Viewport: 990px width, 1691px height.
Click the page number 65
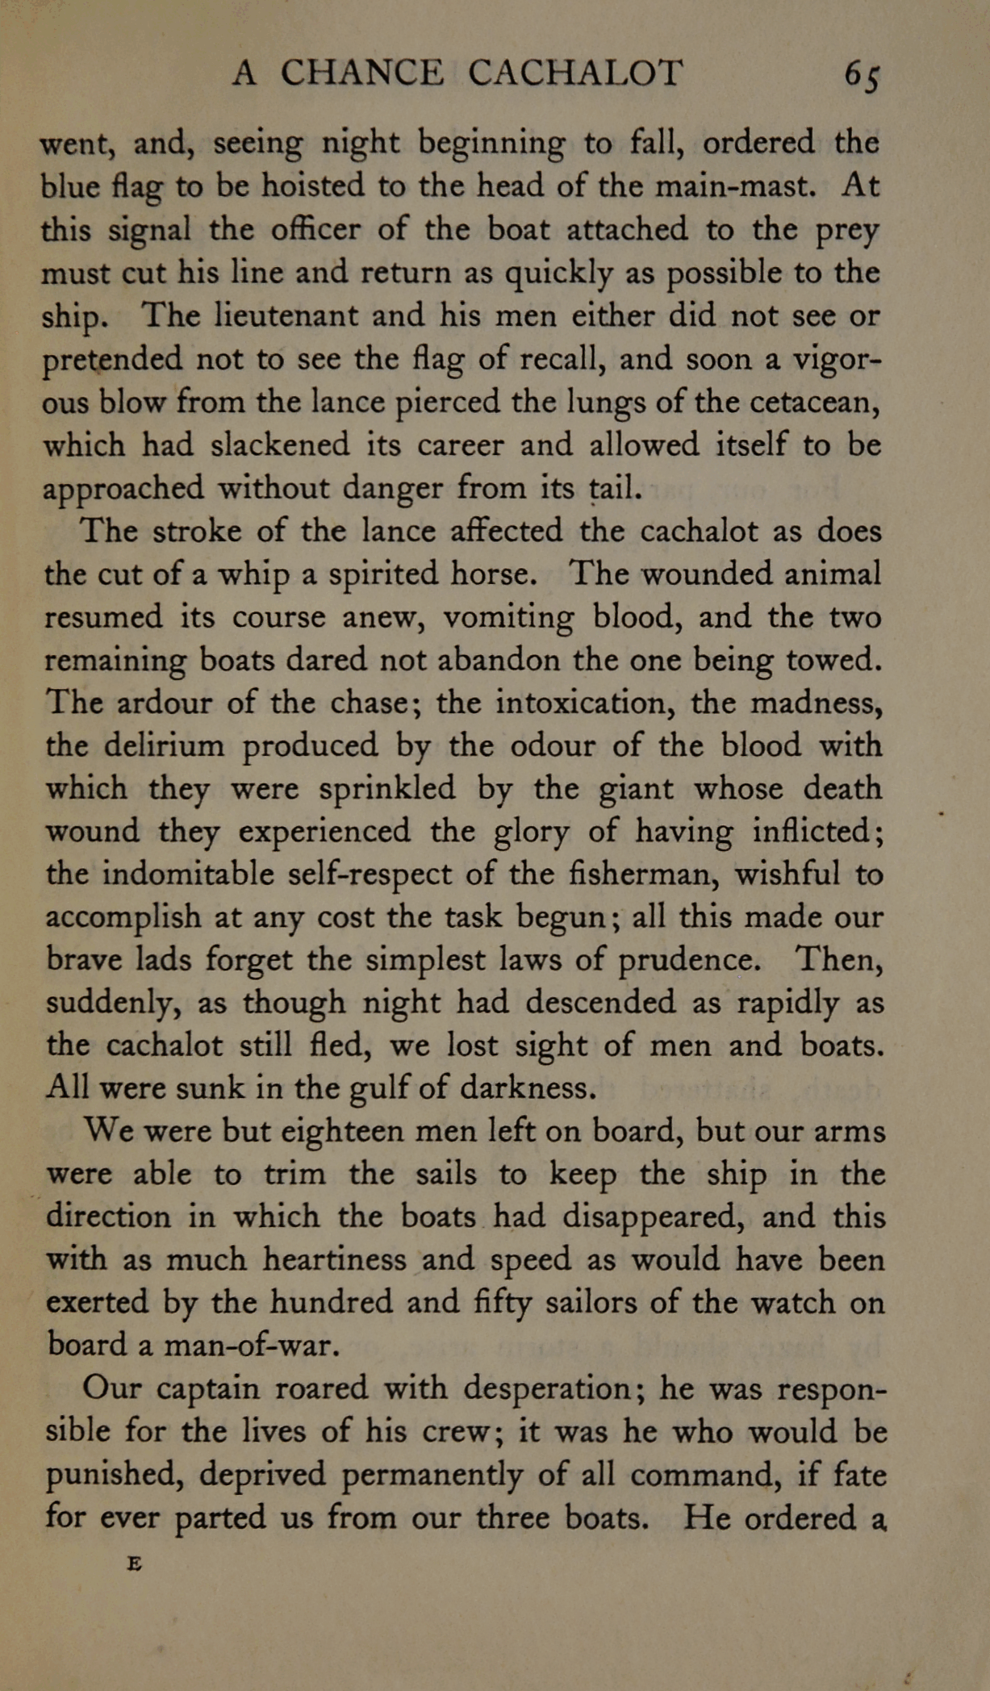click(x=862, y=75)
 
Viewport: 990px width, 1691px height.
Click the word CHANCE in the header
click(x=362, y=73)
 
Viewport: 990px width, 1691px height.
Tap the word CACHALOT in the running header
click(x=575, y=73)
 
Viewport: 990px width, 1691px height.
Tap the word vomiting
click(x=510, y=618)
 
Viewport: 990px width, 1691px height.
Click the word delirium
click(x=164, y=745)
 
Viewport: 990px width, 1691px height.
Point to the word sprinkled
click(x=386, y=789)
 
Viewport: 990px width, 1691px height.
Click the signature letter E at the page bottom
click(x=135, y=1563)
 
